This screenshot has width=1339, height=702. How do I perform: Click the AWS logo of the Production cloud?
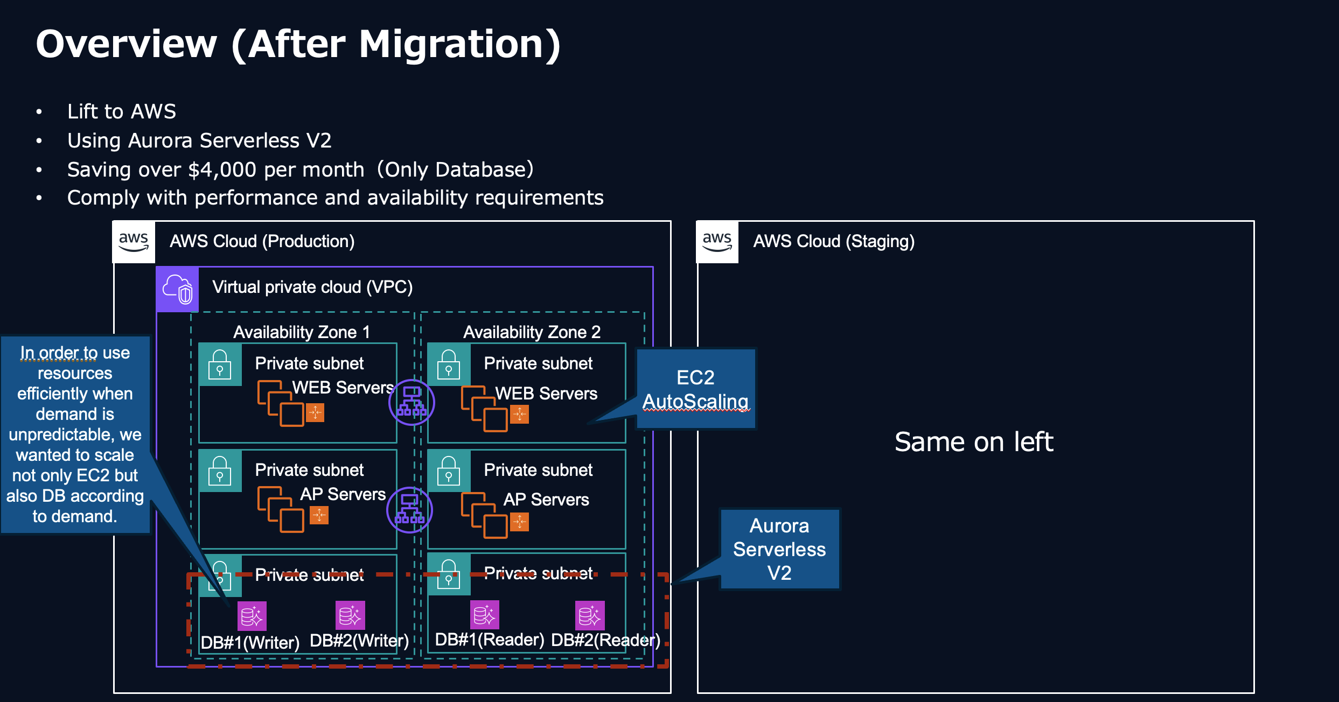[134, 242]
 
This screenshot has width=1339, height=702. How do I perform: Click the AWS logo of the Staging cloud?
[717, 242]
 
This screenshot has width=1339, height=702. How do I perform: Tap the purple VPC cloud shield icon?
[178, 289]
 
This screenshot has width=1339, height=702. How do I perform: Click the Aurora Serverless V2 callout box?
[779, 549]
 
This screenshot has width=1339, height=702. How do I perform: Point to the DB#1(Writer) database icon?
[252, 616]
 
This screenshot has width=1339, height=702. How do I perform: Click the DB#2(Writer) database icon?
[350, 615]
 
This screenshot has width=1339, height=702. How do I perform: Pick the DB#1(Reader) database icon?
[485, 615]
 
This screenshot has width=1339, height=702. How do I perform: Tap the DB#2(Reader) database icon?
[590, 615]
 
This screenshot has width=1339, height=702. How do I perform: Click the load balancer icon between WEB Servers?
[412, 402]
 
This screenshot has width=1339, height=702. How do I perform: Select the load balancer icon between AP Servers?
[409, 510]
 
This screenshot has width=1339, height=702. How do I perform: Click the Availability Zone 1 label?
[302, 332]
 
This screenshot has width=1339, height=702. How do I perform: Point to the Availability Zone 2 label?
[532, 332]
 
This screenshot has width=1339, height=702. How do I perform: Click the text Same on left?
[973, 442]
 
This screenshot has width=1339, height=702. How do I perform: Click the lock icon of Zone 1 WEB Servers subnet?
[220, 365]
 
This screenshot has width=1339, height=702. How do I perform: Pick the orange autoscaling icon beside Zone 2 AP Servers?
[519, 522]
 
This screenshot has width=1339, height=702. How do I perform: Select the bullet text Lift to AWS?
[122, 111]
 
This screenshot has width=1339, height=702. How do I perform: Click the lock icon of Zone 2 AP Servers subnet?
[449, 471]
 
